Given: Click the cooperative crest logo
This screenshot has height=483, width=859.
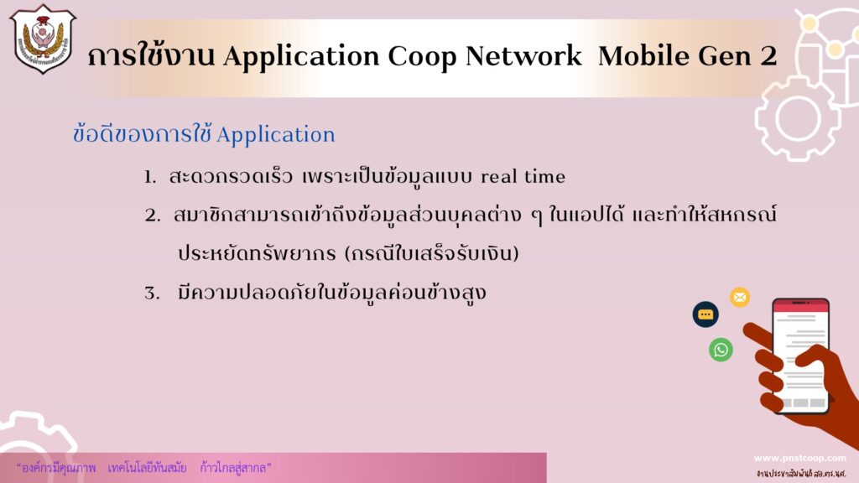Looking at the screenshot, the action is [x=43, y=39].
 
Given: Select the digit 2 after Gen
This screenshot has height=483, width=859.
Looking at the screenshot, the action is [x=768, y=55].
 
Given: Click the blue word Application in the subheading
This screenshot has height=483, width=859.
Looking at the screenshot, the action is [x=275, y=135].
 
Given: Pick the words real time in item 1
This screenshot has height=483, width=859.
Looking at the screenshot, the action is [x=523, y=176].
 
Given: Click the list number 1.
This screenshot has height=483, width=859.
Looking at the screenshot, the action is [x=149, y=177].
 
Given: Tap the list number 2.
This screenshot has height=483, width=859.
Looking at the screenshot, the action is [x=153, y=216].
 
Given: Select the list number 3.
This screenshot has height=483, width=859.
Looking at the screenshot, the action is [x=152, y=293].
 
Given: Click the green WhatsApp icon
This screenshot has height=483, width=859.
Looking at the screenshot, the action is [x=721, y=350].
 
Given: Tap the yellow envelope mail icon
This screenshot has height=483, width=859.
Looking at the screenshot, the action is [x=740, y=298].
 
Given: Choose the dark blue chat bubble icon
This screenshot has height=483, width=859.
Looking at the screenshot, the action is [x=705, y=314].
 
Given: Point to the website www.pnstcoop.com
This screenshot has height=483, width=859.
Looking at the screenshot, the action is [x=799, y=459].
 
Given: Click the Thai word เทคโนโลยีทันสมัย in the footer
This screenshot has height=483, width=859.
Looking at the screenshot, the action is [x=147, y=468].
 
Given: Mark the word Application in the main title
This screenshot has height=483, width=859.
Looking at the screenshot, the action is [x=301, y=56].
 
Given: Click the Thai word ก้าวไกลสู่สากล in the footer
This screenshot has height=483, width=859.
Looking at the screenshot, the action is [x=236, y=468].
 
